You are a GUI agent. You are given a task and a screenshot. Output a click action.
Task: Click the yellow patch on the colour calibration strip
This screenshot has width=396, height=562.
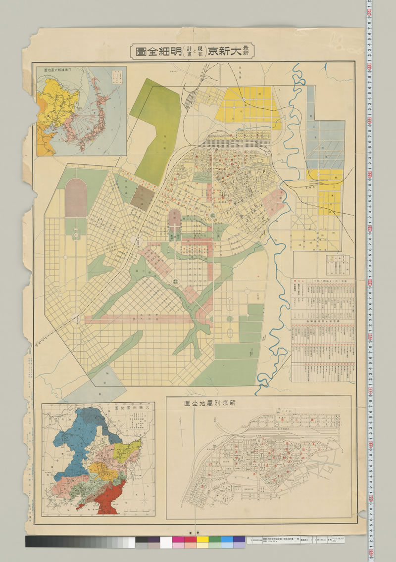click(202, 542)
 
